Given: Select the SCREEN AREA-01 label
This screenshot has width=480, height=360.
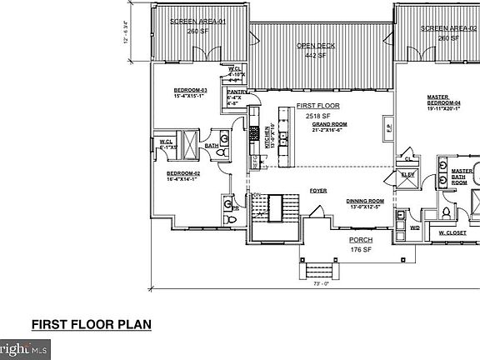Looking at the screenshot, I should click(197, 22).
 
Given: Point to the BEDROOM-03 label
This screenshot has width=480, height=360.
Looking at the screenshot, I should click(190, 89).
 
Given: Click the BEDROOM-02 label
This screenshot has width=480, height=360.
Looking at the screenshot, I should click(184, 173).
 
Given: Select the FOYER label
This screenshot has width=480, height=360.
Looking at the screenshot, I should click(318, 191).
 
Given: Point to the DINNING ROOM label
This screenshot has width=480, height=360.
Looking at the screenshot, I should click(365, 201).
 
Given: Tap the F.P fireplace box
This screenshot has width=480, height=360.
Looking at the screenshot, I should click(387, 129).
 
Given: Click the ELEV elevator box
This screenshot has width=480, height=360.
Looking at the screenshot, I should click(408, 175).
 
